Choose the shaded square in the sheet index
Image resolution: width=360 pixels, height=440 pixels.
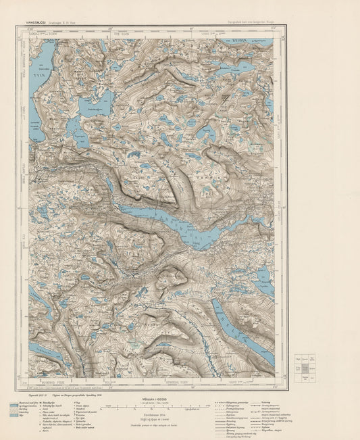click(305, 368)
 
